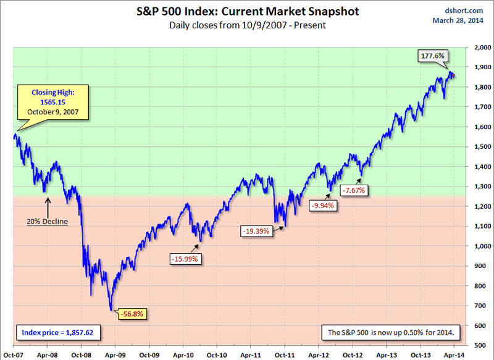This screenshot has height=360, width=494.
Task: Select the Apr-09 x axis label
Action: [115, 354]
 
